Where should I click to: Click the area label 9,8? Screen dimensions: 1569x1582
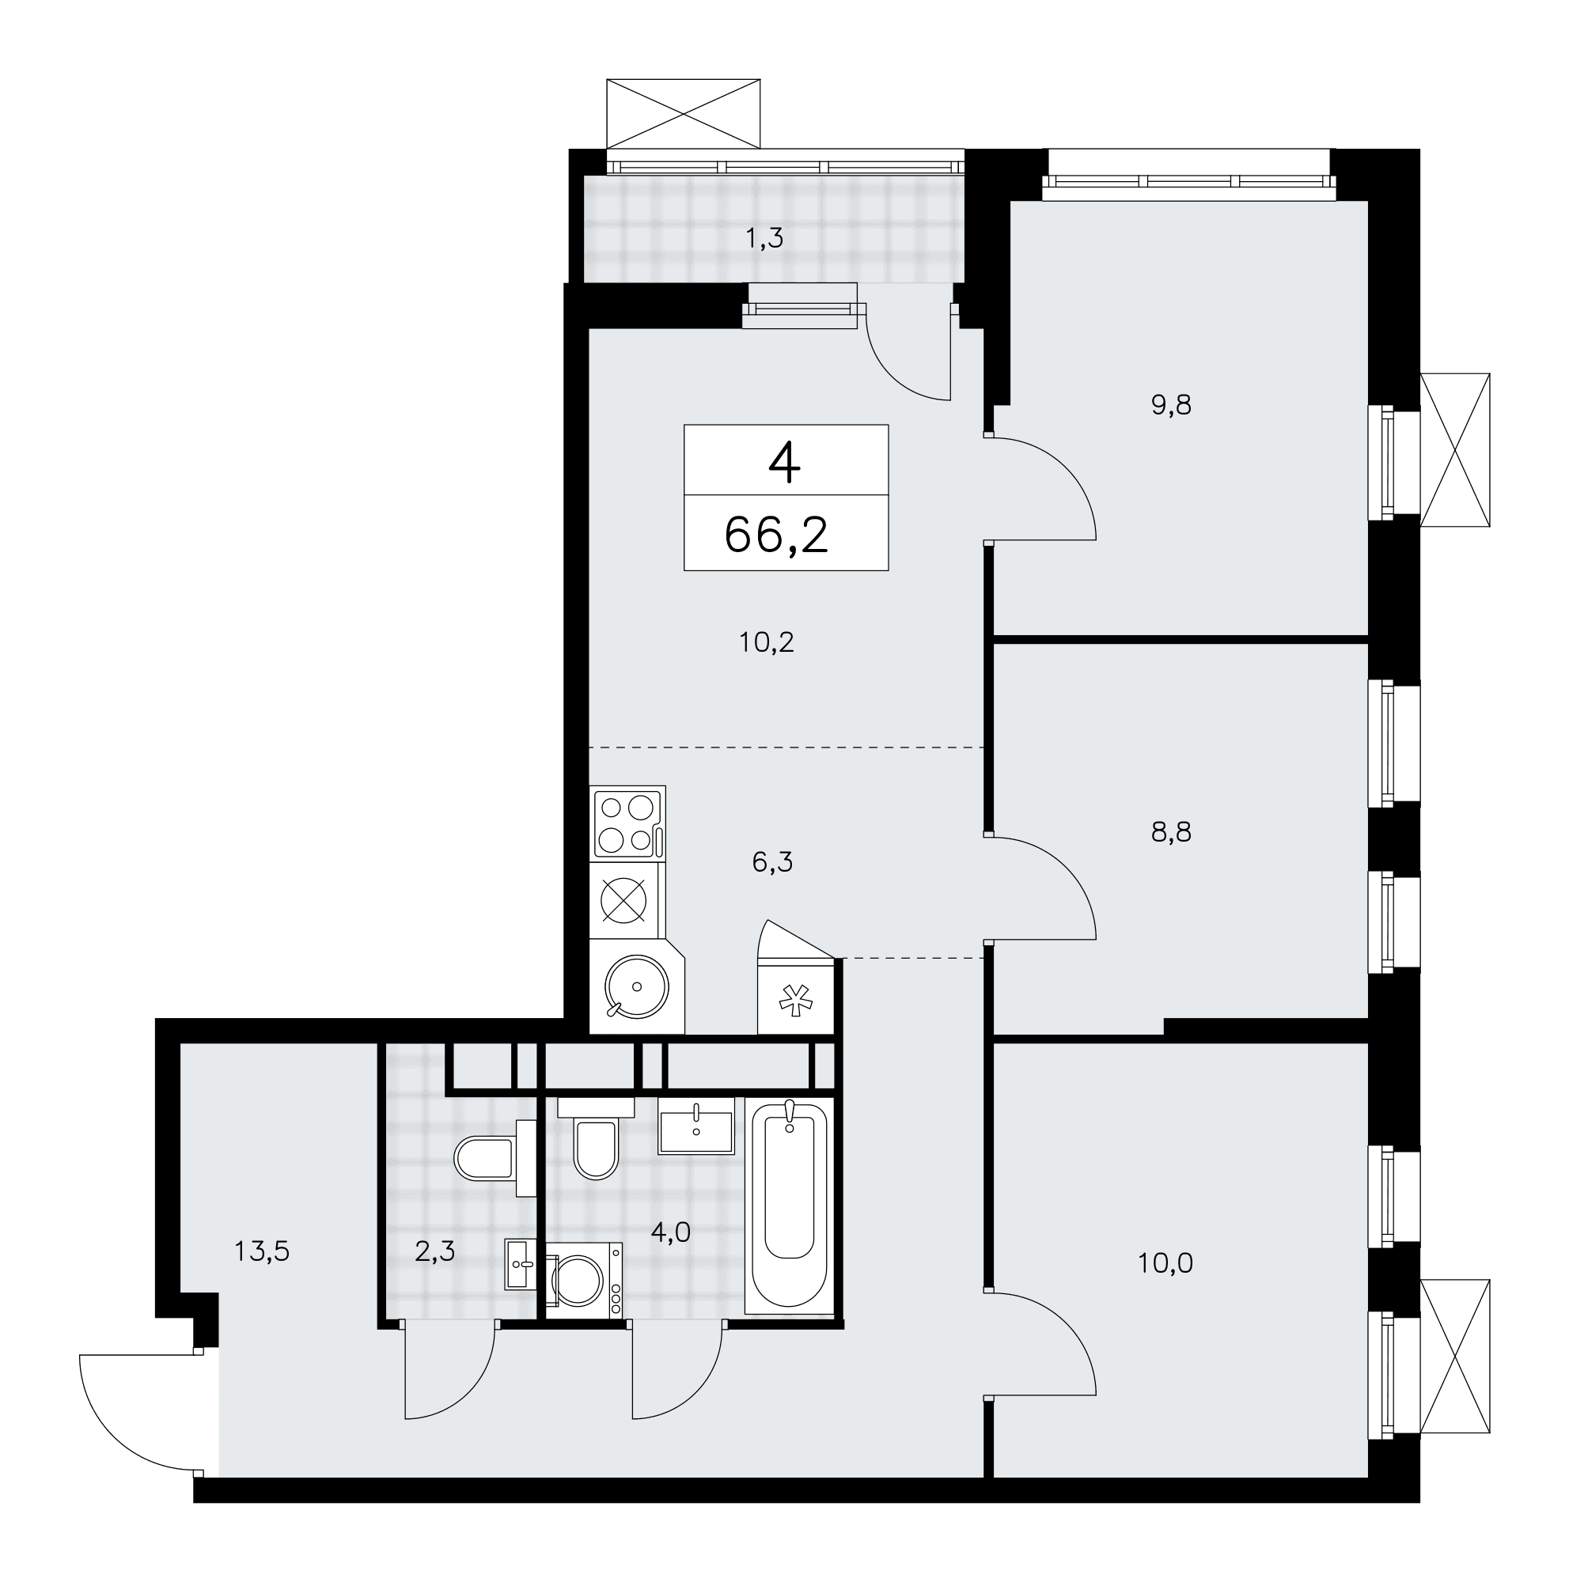pyautogui.click(x=1171, y=405)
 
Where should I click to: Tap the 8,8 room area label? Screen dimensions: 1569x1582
pyautogui.click(x=1171, y=833)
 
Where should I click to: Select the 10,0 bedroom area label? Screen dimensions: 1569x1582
pyautogui.click(x=1165, y=1263)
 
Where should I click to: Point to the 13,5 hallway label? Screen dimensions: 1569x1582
pyautogui.click(x=262, y=1251)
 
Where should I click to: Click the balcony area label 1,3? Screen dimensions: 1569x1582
pyautogui.click(x=764, y=238)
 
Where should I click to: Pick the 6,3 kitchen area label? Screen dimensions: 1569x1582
pyautogui.click(x=772, y=862)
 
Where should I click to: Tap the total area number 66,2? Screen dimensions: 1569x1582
pyautogui.click(x=776, y=536)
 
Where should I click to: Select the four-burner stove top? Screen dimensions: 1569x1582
pyautogui.click(x=628, y=821)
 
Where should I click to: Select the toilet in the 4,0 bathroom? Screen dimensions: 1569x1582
pyautogui.click(x=596, y=1138)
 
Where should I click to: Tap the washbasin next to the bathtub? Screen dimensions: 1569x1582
pyautogui.click(x=695, y=1126)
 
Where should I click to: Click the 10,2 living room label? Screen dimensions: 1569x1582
pyautogui.click(x=767, y=643)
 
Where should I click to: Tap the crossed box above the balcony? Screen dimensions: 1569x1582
pyautogui.click(x=683, y=113)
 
